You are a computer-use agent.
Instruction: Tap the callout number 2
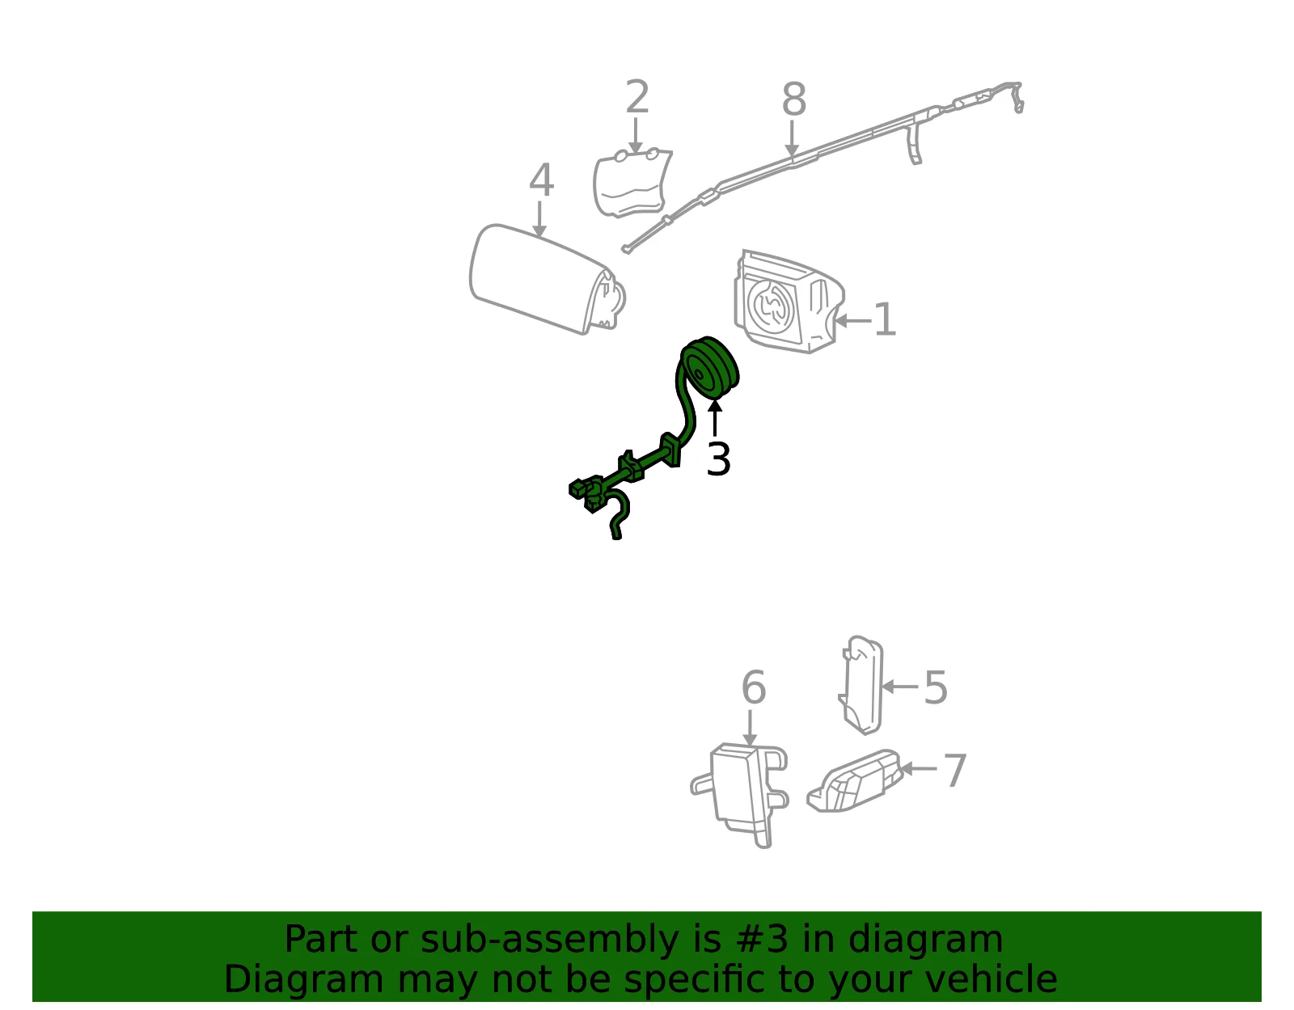click(x=636, y=97)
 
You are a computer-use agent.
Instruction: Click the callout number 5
click(x=935, y=687)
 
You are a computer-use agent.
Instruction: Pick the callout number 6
click(x=753, y=687)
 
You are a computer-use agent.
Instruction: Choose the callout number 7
click(x=955, y=770)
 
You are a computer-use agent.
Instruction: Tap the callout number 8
click(x=794, y=99)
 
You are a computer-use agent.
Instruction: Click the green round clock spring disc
click(x=710, y=368)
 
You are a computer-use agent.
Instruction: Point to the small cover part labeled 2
click(x=632, y=183)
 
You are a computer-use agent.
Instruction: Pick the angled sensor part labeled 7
click(x=855, y=781)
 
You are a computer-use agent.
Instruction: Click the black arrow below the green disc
click(x=715, y=419)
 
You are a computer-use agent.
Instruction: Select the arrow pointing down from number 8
click(x=792, y=138)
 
